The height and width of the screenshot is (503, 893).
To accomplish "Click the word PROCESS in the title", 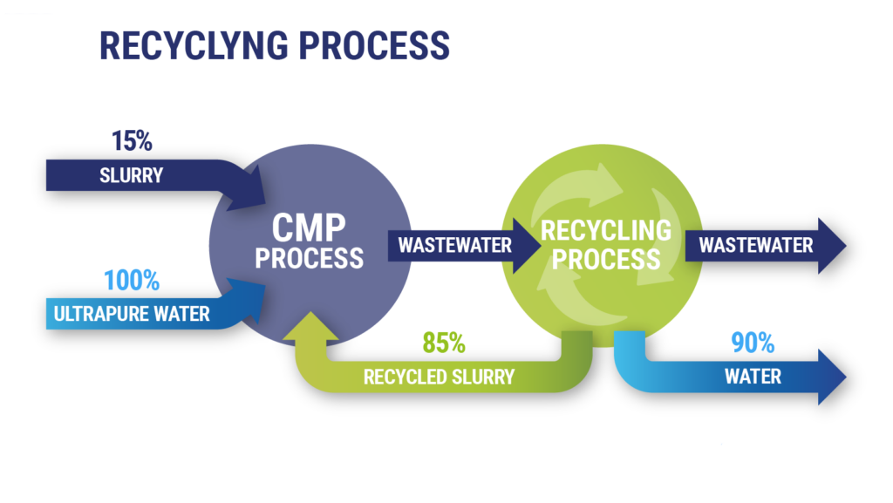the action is (x=375, y=45).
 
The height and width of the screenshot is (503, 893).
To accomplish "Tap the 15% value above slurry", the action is (x=132, y=140).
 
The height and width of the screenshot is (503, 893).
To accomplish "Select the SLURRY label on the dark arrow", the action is (x=132, y=175).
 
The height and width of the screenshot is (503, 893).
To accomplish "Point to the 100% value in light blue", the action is (x=132, y=281).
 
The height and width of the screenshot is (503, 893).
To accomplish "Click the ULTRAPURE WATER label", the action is (x=132, y=314).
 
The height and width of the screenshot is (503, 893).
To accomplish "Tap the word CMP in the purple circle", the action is (x=309, y=228).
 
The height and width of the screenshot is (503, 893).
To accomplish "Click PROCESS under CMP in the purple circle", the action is (x=310, y=258).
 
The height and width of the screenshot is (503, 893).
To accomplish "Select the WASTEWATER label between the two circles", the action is (x=454, y=245).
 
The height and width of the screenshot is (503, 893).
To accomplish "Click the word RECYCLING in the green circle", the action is (x=606, y=230).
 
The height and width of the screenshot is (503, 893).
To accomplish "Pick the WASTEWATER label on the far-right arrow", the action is (x=756, y=245).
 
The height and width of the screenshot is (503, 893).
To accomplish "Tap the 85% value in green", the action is (x=444, y=343).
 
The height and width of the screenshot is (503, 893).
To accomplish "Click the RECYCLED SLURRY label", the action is (x=439, y=377).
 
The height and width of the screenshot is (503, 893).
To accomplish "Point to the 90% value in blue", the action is (x=753, y=343).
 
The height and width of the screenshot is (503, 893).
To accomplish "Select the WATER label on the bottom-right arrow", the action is (x=753, y=376).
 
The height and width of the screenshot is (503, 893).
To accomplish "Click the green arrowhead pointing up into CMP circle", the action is (x=311, y=329).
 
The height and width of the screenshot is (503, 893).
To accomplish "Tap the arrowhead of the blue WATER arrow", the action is (x=831, y=377).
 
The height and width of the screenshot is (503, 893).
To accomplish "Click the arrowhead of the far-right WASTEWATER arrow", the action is (x=831, y=246).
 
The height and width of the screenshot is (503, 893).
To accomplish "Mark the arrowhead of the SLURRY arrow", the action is (x=249, y=189).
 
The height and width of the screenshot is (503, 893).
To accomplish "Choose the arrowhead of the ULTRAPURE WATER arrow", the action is (x=249, y=300).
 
